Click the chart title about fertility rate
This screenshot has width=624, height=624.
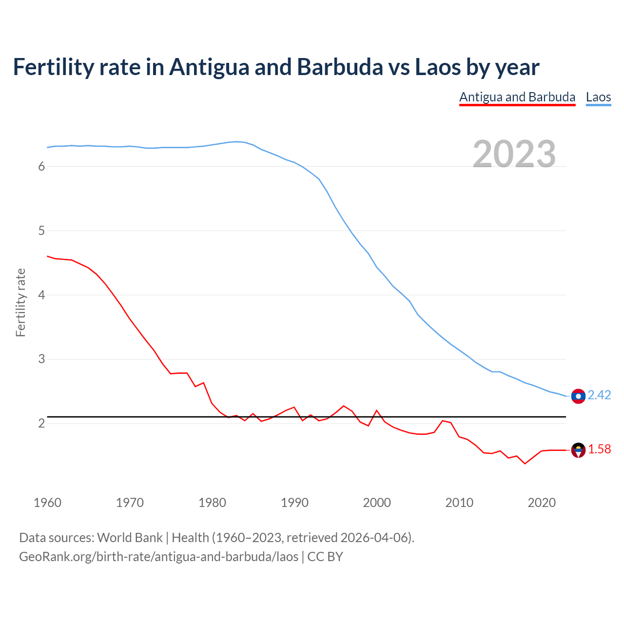276,67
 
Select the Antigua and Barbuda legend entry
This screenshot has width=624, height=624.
517,97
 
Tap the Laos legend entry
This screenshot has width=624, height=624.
598,97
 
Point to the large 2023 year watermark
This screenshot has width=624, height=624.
514,154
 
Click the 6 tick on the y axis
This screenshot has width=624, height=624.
41,167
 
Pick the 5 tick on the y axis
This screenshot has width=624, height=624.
41,231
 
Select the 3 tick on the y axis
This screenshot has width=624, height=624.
41,359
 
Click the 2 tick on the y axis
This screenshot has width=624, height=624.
41,423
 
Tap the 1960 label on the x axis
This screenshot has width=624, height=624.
47,503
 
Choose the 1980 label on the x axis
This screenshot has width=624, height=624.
212,503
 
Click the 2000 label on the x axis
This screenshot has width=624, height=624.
377,503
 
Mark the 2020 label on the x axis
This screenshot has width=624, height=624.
542,503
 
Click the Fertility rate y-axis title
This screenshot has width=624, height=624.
20,302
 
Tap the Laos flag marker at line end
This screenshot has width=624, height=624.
578,396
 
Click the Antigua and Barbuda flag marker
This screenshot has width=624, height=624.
578,450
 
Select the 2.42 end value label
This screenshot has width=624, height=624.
599,395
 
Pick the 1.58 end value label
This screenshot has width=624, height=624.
599,449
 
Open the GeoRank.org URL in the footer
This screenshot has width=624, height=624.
158,557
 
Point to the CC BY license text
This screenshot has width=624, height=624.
325,557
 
